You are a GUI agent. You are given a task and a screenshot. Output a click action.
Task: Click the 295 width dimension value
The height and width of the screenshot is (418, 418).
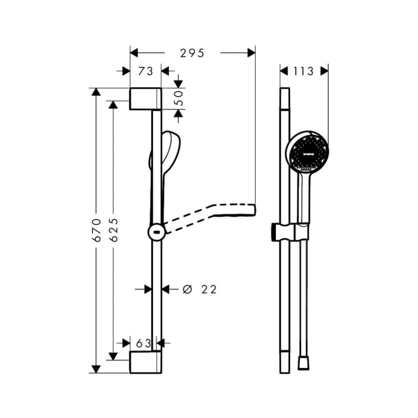tap(192, 53)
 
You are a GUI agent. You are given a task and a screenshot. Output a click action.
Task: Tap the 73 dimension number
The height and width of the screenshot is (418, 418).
tap(145, 71)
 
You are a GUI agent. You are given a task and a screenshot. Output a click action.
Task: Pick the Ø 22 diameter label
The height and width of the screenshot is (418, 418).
tap(199, 289)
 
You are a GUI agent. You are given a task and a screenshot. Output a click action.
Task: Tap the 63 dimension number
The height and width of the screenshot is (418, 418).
tap(143, 343)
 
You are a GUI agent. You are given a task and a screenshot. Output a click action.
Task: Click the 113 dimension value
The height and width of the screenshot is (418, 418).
tap(303, 71)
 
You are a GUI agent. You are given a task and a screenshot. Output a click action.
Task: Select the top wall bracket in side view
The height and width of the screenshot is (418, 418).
tap(145, 99)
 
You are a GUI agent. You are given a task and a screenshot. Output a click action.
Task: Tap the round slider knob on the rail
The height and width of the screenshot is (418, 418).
tap(156, 231)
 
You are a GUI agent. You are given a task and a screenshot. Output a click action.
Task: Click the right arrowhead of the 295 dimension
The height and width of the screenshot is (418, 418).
tap(251, 53)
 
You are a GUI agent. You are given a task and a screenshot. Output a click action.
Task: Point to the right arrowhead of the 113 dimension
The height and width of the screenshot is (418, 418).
tap(324, 71)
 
